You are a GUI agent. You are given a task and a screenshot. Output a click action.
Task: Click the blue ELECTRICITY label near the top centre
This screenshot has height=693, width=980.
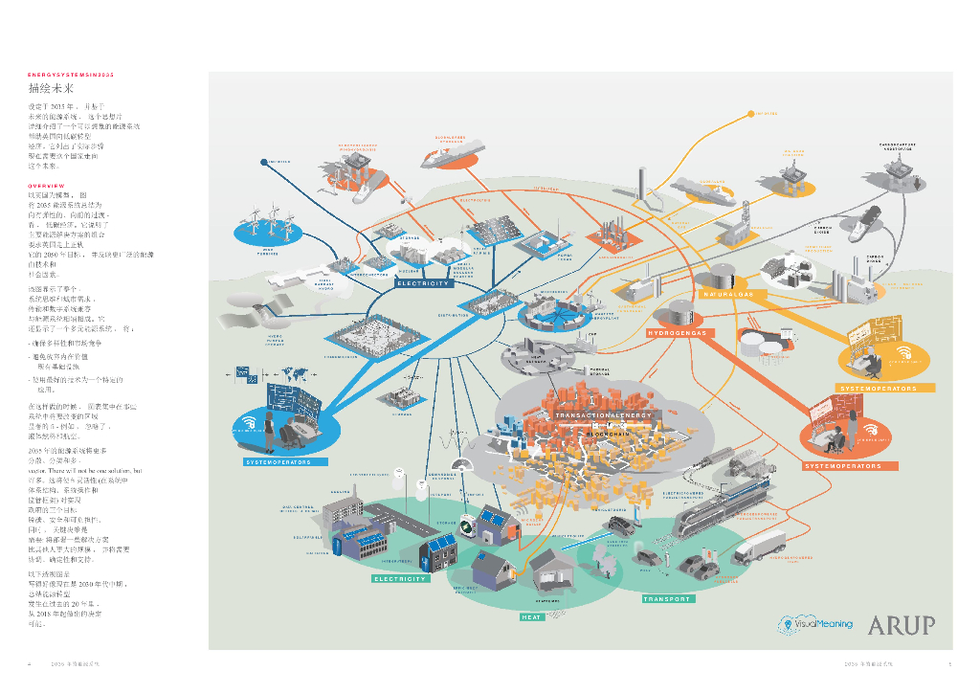tap(423, 283)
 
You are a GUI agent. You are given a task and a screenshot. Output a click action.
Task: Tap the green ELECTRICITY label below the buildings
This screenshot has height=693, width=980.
tap(400, 578)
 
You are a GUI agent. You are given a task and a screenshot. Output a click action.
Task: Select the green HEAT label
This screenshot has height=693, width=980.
tap(532, 617)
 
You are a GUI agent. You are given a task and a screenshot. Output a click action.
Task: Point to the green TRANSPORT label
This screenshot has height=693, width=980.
tap(666, 598)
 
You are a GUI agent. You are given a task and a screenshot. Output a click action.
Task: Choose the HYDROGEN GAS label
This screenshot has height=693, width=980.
tap(678, 333)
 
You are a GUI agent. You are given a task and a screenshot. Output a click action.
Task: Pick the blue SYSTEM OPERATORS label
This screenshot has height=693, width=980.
tap(278, 461)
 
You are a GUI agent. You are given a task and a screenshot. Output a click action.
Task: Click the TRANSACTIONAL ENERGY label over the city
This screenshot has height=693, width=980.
tap(605, 415)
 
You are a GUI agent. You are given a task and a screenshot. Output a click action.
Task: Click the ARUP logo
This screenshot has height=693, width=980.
tap(901, 625)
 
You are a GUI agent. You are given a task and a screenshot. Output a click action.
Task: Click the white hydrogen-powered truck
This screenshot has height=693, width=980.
tap(763, 546)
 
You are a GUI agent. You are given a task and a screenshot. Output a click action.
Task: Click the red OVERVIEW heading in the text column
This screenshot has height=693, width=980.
tap(46, 185)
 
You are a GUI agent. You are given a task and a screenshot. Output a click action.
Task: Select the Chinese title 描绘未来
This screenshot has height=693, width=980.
tap(52, 88)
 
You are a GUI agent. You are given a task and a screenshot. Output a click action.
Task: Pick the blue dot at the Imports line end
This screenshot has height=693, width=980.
tap(261, 164)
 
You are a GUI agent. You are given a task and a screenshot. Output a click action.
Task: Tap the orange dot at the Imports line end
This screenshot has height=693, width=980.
tap(750, 115)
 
